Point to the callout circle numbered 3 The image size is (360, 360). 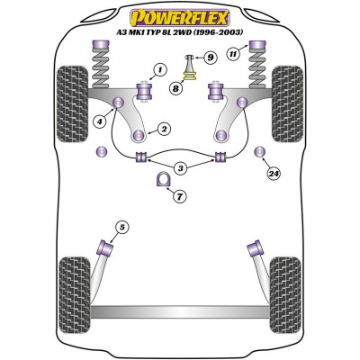click(180, 168)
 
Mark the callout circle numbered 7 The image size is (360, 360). click(181, 195)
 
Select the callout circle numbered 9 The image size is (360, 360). click(211, 58)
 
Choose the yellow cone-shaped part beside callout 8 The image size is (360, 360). click(190, 87)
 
